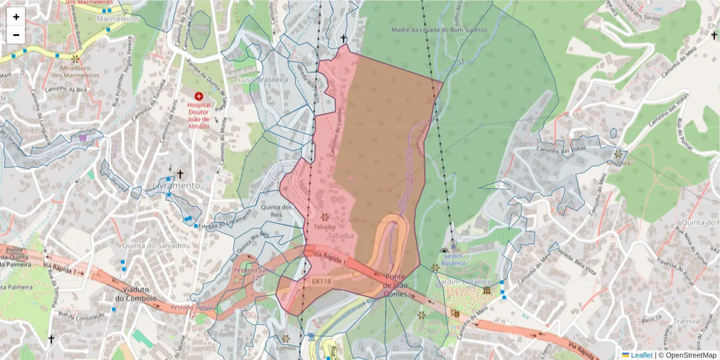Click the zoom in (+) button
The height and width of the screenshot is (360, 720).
point(16,17)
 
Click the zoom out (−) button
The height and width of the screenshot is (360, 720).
point(16,35)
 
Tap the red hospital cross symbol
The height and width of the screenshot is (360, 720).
point(199,96)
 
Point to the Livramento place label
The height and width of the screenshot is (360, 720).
point(176,186)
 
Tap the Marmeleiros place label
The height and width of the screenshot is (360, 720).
point(118,19)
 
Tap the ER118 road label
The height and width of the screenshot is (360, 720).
point(322,280)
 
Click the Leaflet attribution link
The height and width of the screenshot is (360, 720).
point(641,355)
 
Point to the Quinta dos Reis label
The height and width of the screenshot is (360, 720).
point(276,211)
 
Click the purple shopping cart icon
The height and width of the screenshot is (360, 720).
point(82,138)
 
